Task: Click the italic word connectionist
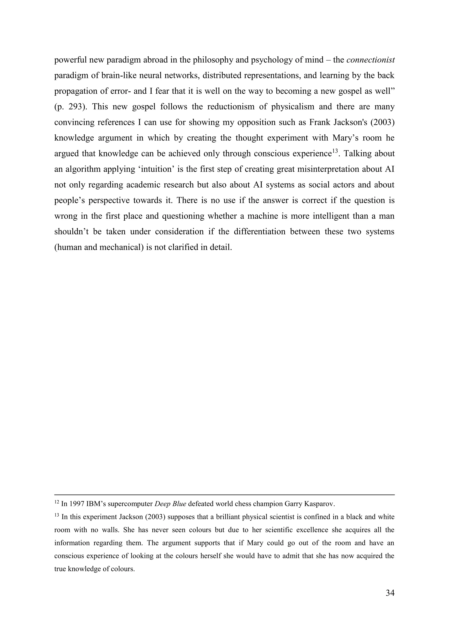click(370, 60)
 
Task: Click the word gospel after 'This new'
click(144, 107)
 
